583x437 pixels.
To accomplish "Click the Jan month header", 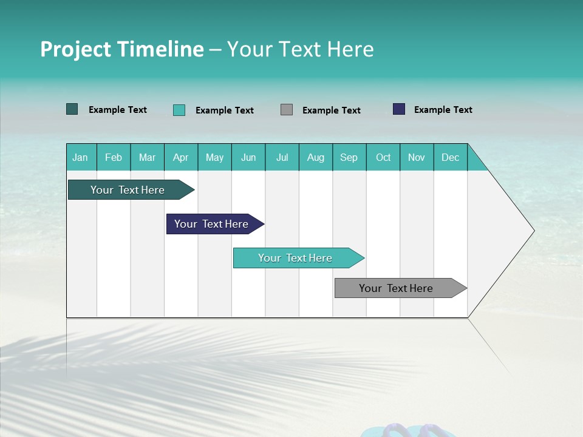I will coord(80,157).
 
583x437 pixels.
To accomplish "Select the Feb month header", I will coord(114,157).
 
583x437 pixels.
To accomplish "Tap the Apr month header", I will coord(181,157).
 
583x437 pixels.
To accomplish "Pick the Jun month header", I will coord(248,157).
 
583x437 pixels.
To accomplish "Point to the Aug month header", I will coord(316,157).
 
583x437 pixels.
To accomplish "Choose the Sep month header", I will coord(349,157).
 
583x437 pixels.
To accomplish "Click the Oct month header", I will coord(383,157).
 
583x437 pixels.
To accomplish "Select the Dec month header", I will coord(451,157).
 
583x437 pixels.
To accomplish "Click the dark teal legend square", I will coord(72,109).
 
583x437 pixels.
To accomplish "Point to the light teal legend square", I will coord(179,110).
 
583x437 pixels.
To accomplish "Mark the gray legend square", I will coord(287,110).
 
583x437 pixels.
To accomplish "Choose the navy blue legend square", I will coord(399,109).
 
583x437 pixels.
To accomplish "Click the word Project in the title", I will coord(76,49).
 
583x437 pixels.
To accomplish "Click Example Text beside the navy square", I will coord(443,110).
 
